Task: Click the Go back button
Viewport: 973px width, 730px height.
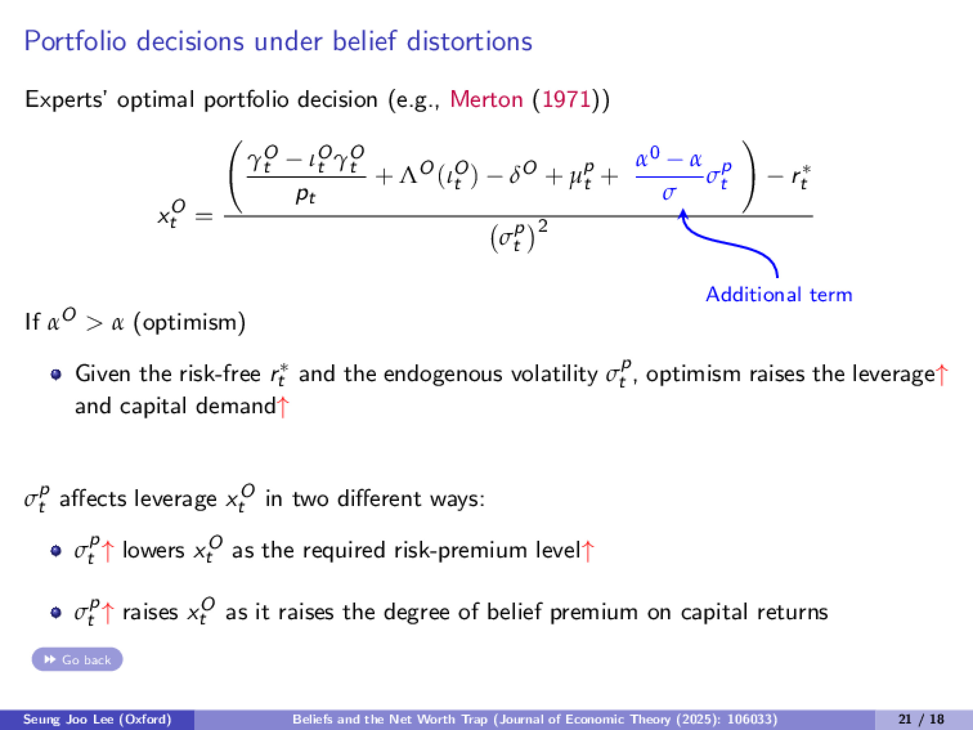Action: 77,659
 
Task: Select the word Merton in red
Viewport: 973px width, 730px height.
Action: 486,99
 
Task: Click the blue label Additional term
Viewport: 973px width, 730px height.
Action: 778,294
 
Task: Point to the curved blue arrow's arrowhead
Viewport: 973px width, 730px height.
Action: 683,214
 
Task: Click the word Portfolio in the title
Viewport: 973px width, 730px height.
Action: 75,42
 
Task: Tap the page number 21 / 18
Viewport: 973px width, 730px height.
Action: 921,719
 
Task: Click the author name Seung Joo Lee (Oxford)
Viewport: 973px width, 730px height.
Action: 97,719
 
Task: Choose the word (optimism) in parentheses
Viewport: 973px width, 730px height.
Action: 189,323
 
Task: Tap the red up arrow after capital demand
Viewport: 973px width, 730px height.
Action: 283,407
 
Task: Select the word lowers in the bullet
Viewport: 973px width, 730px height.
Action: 153,550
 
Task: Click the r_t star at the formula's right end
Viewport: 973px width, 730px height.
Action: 801,177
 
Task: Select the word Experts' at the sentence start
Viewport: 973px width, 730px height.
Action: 64,99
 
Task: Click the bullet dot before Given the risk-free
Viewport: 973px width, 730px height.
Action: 56,374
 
